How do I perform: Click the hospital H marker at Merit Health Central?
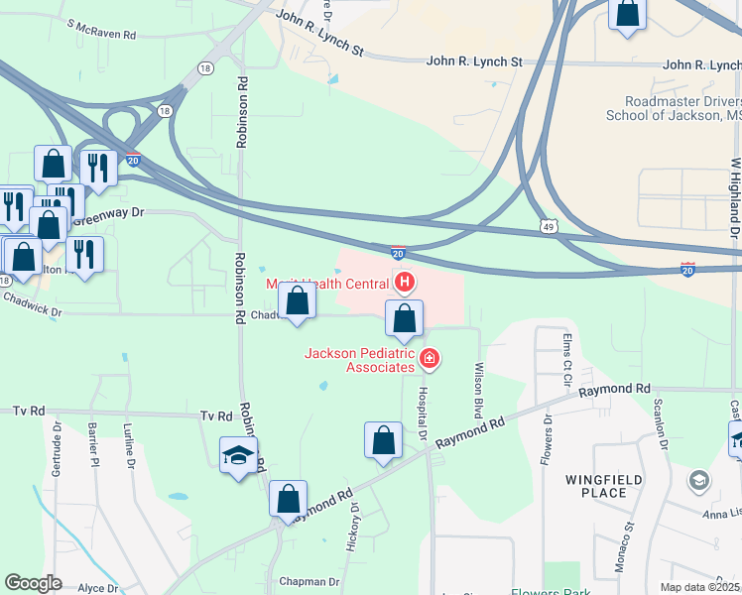[x=404, y=283]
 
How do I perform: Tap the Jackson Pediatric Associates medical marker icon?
[x=430, y=358]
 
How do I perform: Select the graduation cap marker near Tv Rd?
[x=238, y=455]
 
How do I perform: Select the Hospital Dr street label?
[x=421, y=411]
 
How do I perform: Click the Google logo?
[x=34, y=583]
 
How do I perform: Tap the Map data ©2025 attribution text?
[x=699, y=587]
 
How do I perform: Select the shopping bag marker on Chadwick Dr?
[x=297, y=300]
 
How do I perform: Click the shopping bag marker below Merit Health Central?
[x=404, y=318]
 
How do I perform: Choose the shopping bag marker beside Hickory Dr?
[x=383, y=440]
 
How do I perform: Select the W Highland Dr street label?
[x=735, y=197]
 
